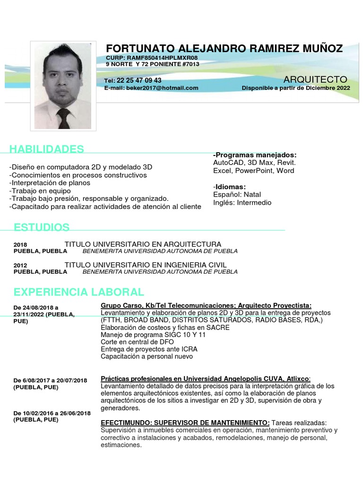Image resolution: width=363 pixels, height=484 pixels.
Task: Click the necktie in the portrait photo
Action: point(63,118)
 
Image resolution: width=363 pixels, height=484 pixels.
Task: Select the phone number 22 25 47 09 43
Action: point(139,80)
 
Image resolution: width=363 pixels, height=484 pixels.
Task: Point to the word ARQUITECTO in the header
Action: point(315,79)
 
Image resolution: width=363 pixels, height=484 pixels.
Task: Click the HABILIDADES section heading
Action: point(47,149)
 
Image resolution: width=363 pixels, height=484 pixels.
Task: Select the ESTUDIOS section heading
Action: point(42,227)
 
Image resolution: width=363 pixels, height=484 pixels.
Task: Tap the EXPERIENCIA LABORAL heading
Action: point(78,292)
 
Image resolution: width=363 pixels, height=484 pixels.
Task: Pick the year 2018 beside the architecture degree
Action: point(20,245)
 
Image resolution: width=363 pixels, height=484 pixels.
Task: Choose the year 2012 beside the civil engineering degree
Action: point(20,265)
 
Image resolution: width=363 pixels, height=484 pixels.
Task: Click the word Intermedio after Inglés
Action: point(254,202)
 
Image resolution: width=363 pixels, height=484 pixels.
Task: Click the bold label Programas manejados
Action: point(256,155)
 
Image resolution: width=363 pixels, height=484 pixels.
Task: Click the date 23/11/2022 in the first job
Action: point(28,314)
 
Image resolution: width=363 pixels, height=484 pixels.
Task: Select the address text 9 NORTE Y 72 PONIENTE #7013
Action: point(152,64)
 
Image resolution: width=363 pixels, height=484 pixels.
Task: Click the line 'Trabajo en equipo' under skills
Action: point(36,191)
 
